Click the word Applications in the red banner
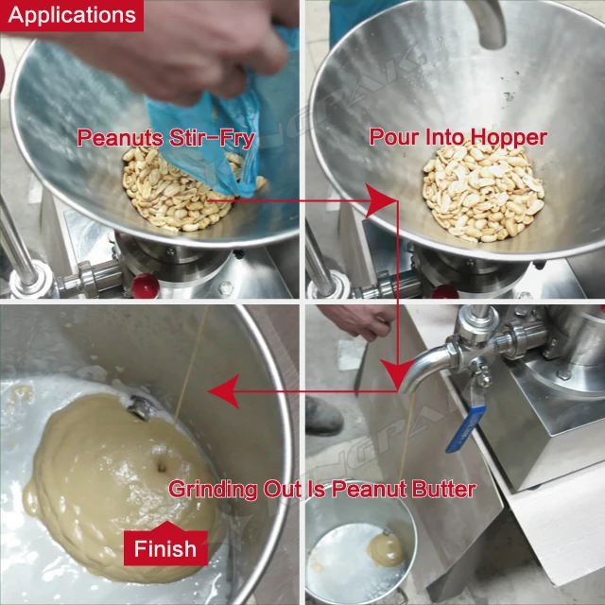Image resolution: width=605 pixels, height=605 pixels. click(71, 15)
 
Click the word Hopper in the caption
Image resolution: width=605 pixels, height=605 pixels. click(510, 138)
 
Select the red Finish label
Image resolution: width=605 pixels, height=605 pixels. click(164, 546)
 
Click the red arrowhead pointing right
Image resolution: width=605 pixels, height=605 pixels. click(379, 199)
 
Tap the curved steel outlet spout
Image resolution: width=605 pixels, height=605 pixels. click(426, 368)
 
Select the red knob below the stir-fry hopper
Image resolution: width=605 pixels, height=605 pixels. click(142, 284)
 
